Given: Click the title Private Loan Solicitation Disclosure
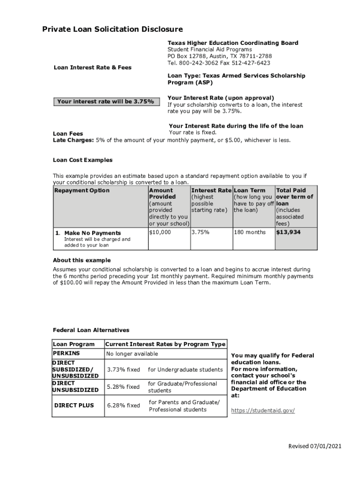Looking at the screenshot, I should (x=112, y=29).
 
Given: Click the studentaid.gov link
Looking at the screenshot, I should (x=263, y=410).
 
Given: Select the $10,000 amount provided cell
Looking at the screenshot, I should (x=160, y=232).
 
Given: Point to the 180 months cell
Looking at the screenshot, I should (x=250, y=232).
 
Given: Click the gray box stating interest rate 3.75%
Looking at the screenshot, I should (x=105, y=102).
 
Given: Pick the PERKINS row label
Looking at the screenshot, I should (x=66, y=354).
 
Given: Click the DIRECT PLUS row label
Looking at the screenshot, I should (x=74, y=406).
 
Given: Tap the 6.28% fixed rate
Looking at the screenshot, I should (x=123, y=406).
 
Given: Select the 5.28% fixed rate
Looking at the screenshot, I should (x=123, y=387).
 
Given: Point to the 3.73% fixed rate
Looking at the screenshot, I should (x=123, y=370).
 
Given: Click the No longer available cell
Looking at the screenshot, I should (x=132, y=354).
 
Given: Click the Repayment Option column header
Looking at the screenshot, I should (x=82, y=190).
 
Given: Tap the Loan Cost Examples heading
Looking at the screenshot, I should (x=83, y=160).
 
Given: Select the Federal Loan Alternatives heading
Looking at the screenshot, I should (x=91, y=330).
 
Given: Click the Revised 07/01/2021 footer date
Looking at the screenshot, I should (x=315, y=446).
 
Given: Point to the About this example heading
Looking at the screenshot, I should (x=82, y=260).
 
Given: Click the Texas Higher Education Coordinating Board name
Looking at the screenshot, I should (x=233, y=43).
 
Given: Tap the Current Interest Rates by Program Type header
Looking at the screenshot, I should (x=166, y=344).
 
